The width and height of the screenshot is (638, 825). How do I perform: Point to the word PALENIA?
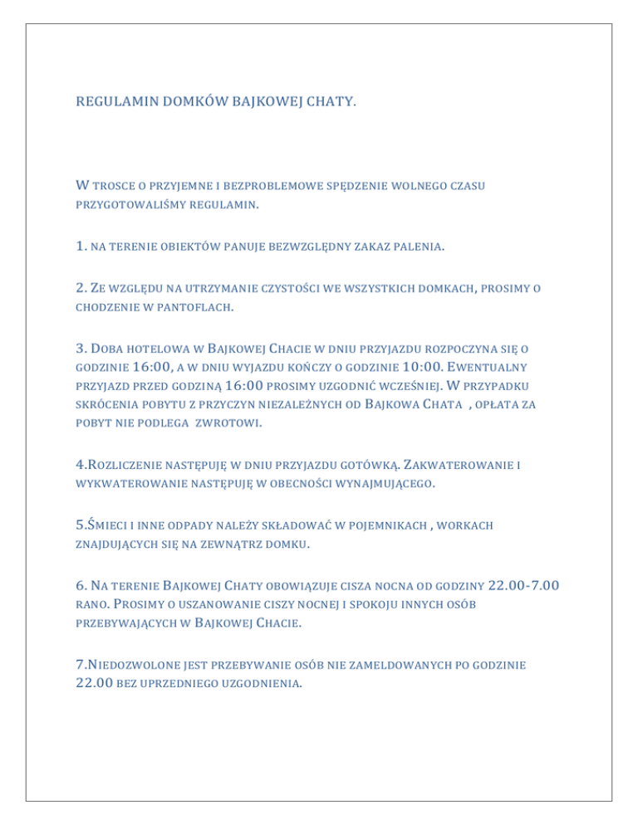(x=414, y=247)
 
